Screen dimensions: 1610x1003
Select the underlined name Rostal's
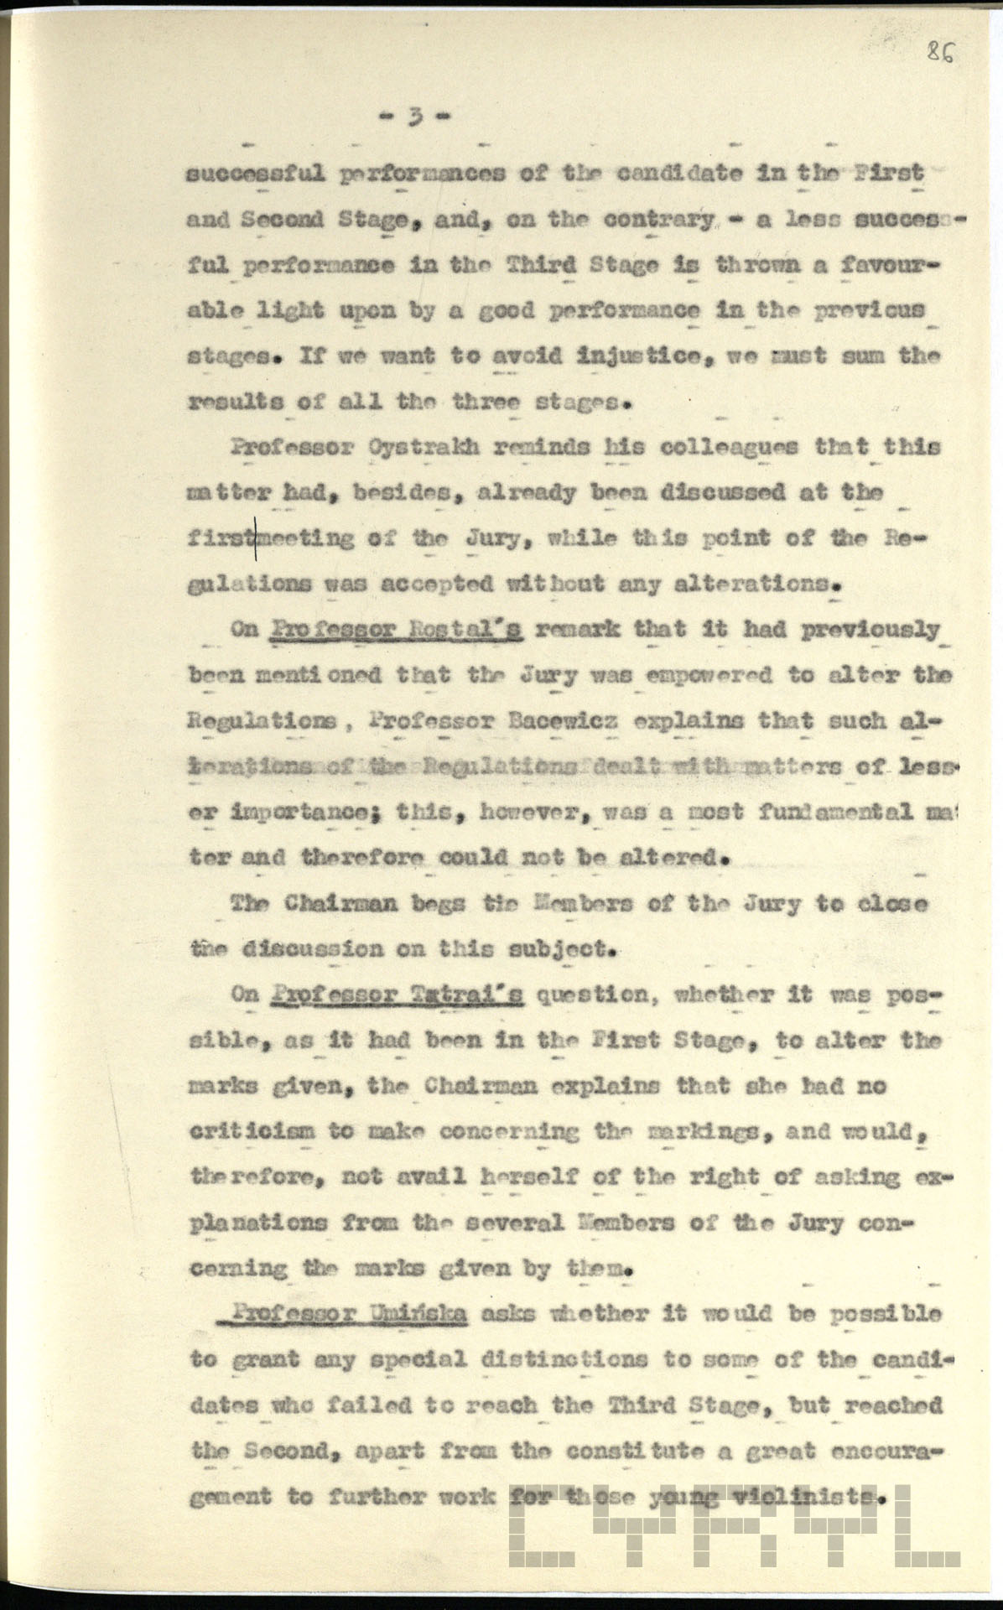click(x=473, y=629)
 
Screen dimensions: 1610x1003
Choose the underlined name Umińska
click(x=419, y=1313)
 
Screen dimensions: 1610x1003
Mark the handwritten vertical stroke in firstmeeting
click(x=255, y=538)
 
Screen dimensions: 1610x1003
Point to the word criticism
click(x=252, y=1131)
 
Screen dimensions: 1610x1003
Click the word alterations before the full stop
click(x=750, y=584)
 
